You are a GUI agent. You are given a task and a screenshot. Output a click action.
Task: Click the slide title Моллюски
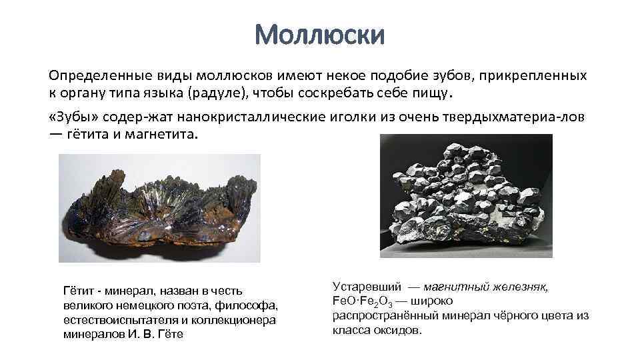click(319, 35)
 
